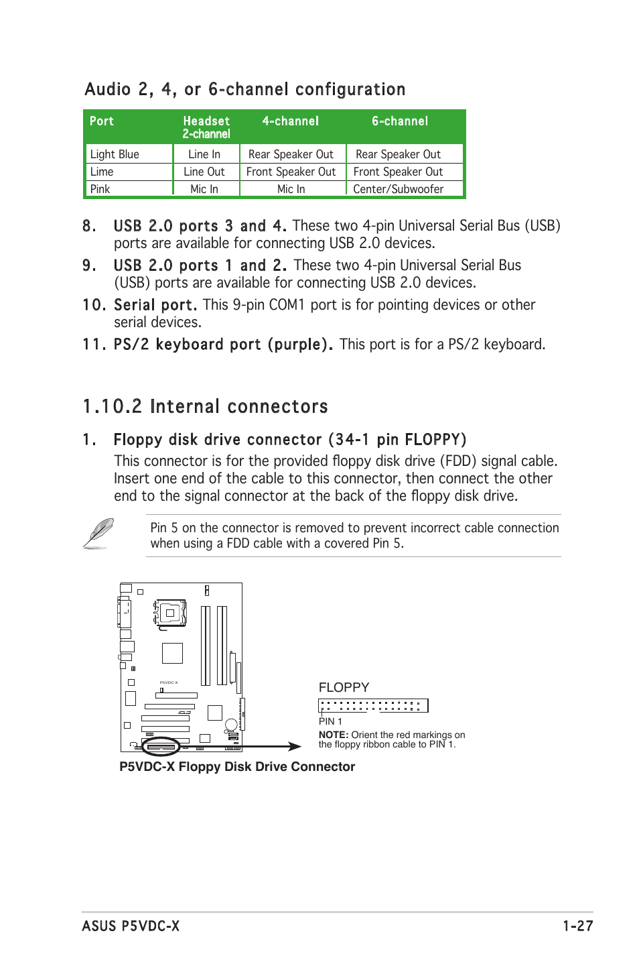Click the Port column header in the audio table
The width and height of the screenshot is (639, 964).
(102, 121)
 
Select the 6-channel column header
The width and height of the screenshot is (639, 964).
(399, 121)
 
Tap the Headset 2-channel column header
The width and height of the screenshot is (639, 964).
(206, 127)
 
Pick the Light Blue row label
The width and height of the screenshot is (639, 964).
(115, 154)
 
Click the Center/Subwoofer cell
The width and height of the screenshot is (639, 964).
(398, 189)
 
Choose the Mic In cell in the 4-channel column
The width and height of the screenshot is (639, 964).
(291, 189)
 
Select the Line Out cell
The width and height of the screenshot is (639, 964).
(204, 172)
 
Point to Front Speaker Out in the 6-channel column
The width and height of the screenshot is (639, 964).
(398, 172)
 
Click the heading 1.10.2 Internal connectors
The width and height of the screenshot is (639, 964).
(205, 406)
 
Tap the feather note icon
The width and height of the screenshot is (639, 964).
(98, 534)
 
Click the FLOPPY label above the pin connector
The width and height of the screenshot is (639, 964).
(344, 687)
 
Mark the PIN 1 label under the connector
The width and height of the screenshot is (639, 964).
(330, 721)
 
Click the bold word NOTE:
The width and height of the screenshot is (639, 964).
(333, 735)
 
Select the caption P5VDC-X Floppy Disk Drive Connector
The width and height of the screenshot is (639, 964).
(237, 766)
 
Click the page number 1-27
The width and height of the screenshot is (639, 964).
(577, 926)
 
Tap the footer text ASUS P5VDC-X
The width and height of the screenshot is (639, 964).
(131, 926)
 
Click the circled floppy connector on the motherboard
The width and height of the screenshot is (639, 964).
(161, 746)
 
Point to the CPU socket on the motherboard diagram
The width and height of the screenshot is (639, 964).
(170, 613)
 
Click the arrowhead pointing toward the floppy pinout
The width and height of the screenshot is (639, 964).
(295, 746)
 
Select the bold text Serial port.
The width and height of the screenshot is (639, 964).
(155, 305)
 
